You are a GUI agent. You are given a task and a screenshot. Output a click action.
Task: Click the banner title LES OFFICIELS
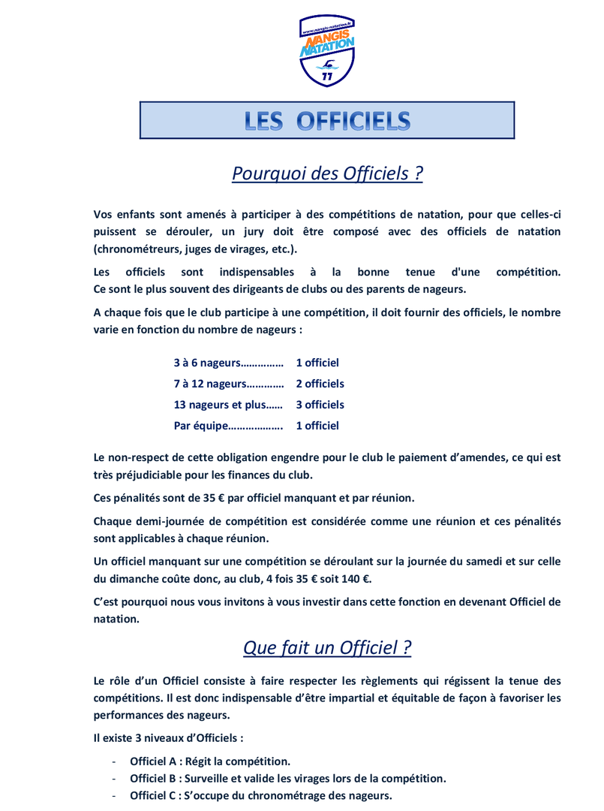327,121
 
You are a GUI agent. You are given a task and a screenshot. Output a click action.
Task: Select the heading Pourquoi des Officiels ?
327,173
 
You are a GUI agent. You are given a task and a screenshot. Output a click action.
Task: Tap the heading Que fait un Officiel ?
327,647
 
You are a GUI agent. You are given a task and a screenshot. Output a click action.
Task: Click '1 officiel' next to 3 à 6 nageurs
317,363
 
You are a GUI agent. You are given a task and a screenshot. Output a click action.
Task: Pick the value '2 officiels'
320,384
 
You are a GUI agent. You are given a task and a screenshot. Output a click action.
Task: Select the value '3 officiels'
320,405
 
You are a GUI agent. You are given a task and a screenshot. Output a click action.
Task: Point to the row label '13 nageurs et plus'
218,405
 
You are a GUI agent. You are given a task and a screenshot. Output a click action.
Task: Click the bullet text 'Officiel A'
154,761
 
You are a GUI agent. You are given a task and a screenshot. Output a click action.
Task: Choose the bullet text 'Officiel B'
154,778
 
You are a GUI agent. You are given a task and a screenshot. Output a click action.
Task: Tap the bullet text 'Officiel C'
154,795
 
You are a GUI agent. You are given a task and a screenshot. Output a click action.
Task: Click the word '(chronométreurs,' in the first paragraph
137,249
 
